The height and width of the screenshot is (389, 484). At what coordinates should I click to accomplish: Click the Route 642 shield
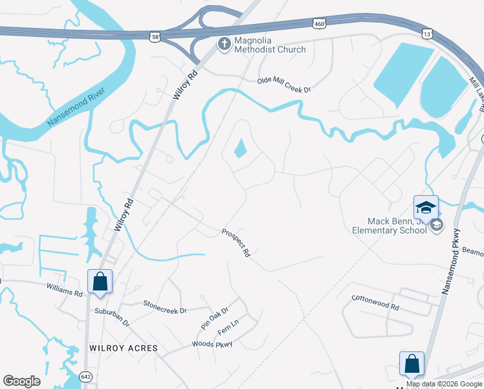point(86,375)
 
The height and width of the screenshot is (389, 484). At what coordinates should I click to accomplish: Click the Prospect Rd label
point(236,242)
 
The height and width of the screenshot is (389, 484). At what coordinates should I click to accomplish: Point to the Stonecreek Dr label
point(164,306)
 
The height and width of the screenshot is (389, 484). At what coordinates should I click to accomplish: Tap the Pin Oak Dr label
point(215,318)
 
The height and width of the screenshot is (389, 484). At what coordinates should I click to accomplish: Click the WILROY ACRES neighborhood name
point(123,348)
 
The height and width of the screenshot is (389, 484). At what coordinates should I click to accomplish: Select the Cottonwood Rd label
point(375,302)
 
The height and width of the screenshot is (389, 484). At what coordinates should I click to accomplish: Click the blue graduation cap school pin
point(426,207)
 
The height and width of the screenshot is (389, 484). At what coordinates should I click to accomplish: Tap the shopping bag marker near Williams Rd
point(100,281)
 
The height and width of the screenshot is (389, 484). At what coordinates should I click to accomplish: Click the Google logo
point(21,381)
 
